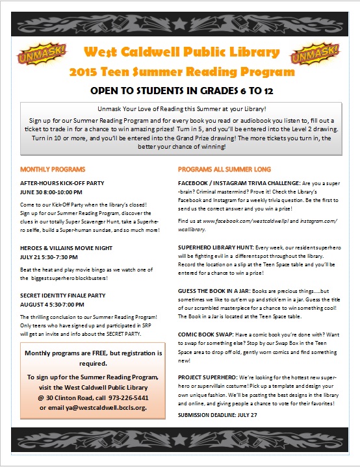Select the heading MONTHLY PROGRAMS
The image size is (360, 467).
51,170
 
